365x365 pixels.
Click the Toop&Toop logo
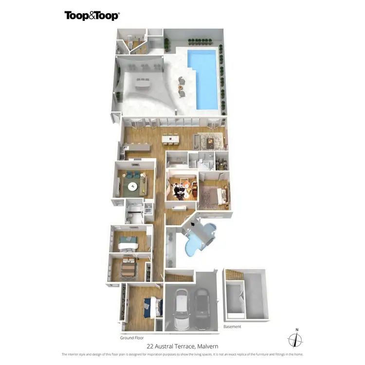(92, 16)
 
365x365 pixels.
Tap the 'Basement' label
(232, 327)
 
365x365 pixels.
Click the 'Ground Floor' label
(132, 337)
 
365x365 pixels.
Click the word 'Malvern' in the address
(207, 346)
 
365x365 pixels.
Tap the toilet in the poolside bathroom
(130, 39)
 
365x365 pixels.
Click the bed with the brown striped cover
(128, 267)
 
